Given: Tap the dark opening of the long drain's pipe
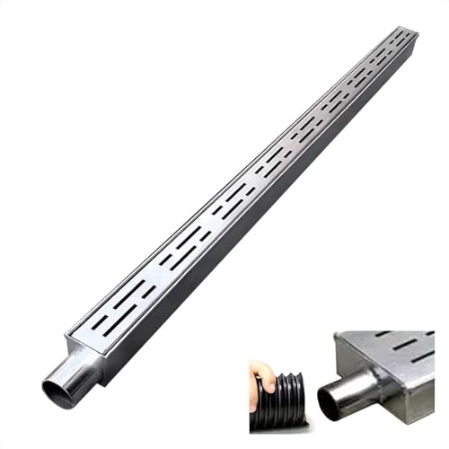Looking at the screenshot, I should (57, 392).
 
